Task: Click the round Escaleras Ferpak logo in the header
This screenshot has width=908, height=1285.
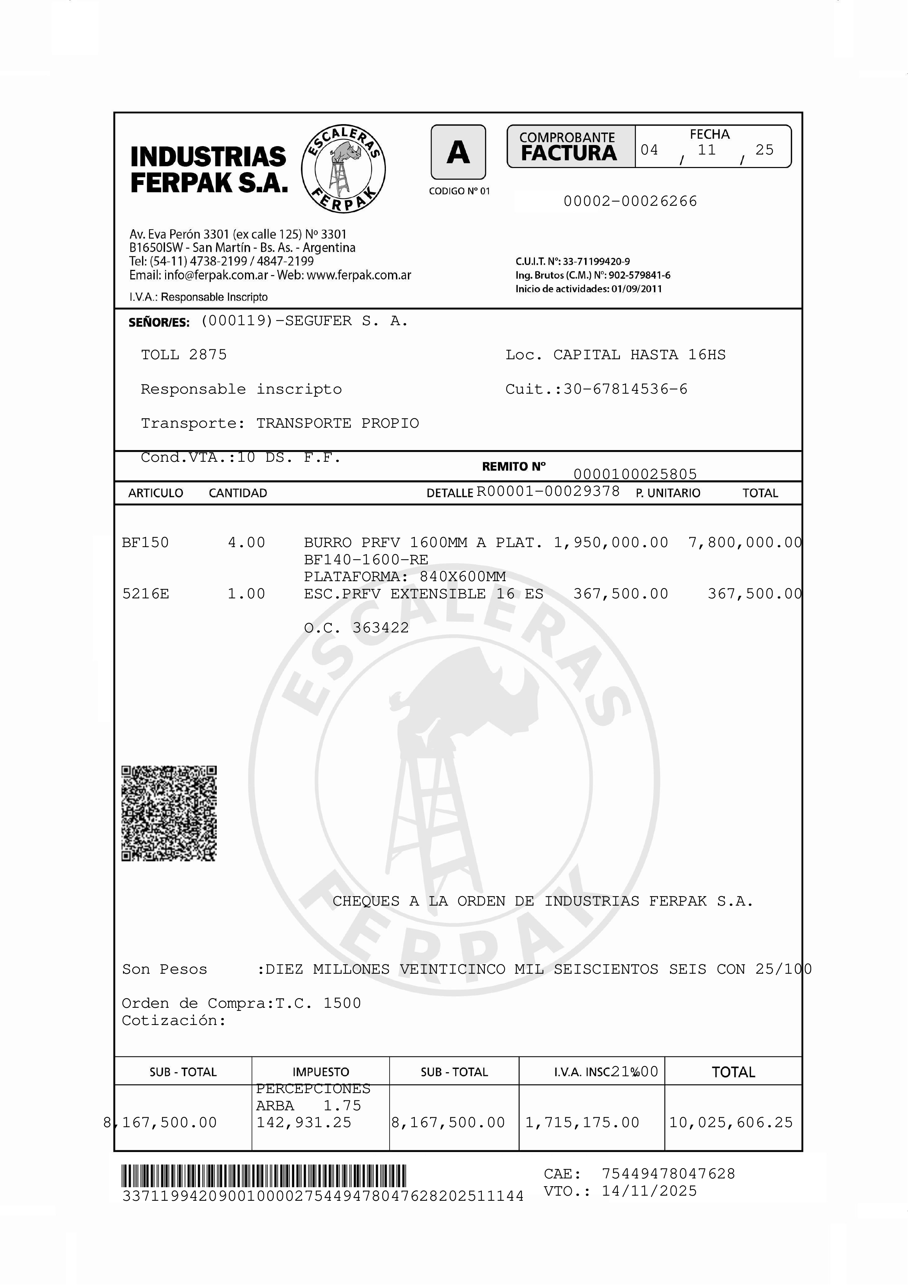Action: (343, 168)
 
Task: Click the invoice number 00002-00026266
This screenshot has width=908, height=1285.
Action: (630, 201)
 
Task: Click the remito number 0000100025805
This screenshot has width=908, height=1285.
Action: (635, 474)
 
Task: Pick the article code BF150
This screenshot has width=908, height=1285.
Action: (145, 542)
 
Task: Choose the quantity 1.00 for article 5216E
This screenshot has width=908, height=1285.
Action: (246, 594)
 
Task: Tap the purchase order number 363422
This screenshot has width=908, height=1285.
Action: (380, 628)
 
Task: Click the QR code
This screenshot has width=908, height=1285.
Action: (169, 813)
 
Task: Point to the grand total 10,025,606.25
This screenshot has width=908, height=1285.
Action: (731, 1122)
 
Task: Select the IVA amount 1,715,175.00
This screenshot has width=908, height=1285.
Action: (582, 1122)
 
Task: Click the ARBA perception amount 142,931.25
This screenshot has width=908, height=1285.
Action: (304, 1122)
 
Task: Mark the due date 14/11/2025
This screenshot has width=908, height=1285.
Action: (649, 1191)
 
